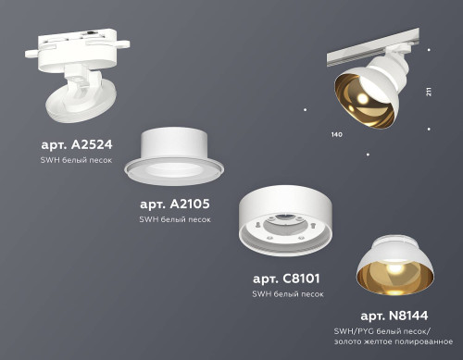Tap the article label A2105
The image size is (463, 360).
(174, 205)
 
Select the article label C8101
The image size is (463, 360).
(287, 279)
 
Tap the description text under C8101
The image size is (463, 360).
(288, 293)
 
